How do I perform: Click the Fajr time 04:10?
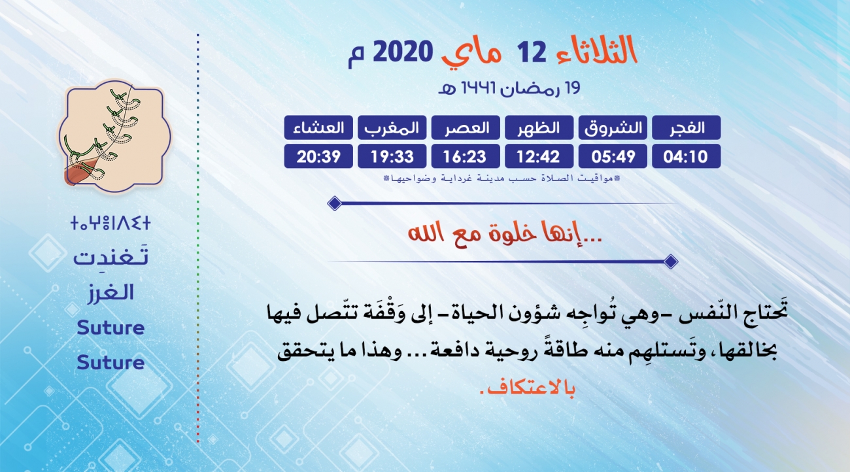pos(686,156)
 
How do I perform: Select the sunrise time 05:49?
pos(613,156)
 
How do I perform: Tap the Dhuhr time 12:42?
pos(539,156)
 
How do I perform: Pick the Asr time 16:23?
pos(466,156)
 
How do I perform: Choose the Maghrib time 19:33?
pos(392,156)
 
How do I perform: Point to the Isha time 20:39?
pos(318,156)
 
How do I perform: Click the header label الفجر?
pos(686,127)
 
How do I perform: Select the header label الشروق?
pos(613,127)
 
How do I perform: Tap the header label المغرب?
pos(392,127)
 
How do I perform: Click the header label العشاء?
pos(318,127)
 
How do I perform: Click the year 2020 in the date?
pos(403,52)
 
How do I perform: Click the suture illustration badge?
pos(114,135)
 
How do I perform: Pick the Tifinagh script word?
pos(110,223)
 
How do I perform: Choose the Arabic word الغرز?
pos(110,293)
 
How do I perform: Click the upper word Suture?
pos(110,328)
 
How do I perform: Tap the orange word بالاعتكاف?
pos(528,388)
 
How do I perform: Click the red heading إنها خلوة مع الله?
pos(505,233)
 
